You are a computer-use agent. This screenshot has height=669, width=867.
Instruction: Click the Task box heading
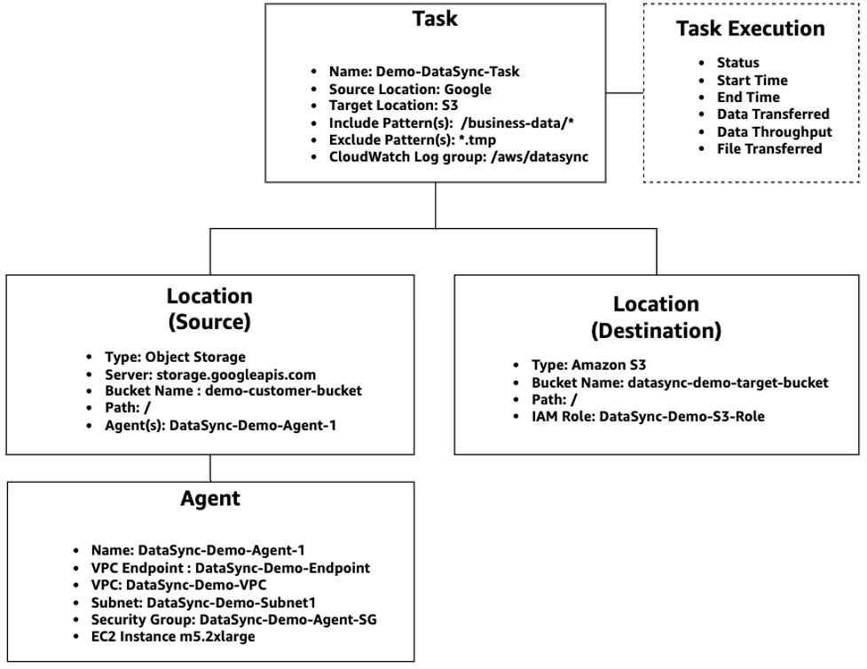(434, 20)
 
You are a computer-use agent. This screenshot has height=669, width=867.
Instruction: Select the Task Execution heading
(750, 28)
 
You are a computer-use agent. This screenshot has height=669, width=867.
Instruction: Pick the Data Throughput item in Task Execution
(774, 131)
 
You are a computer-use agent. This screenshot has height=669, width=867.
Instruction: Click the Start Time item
(753, 80)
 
